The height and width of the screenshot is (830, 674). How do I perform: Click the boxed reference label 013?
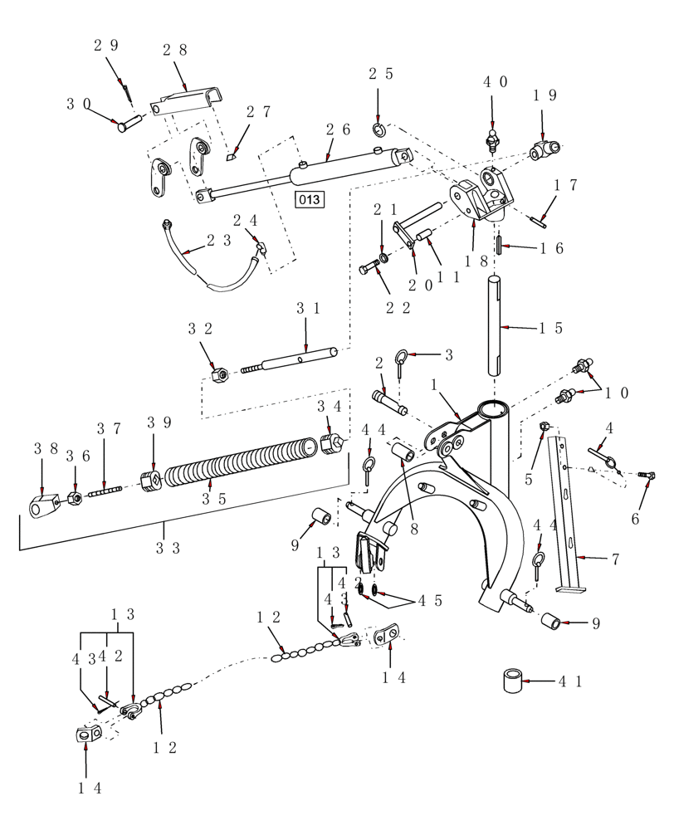(310, 199)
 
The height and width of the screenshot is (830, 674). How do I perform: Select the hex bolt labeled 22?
(369, 269)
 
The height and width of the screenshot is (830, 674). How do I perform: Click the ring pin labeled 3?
(401, 359)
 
